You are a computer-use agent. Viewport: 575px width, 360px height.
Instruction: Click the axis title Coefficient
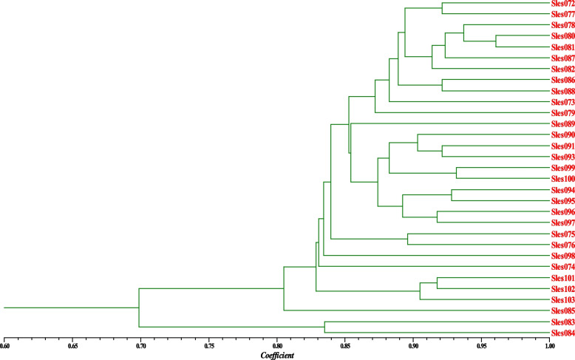click(x=279, y=355)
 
